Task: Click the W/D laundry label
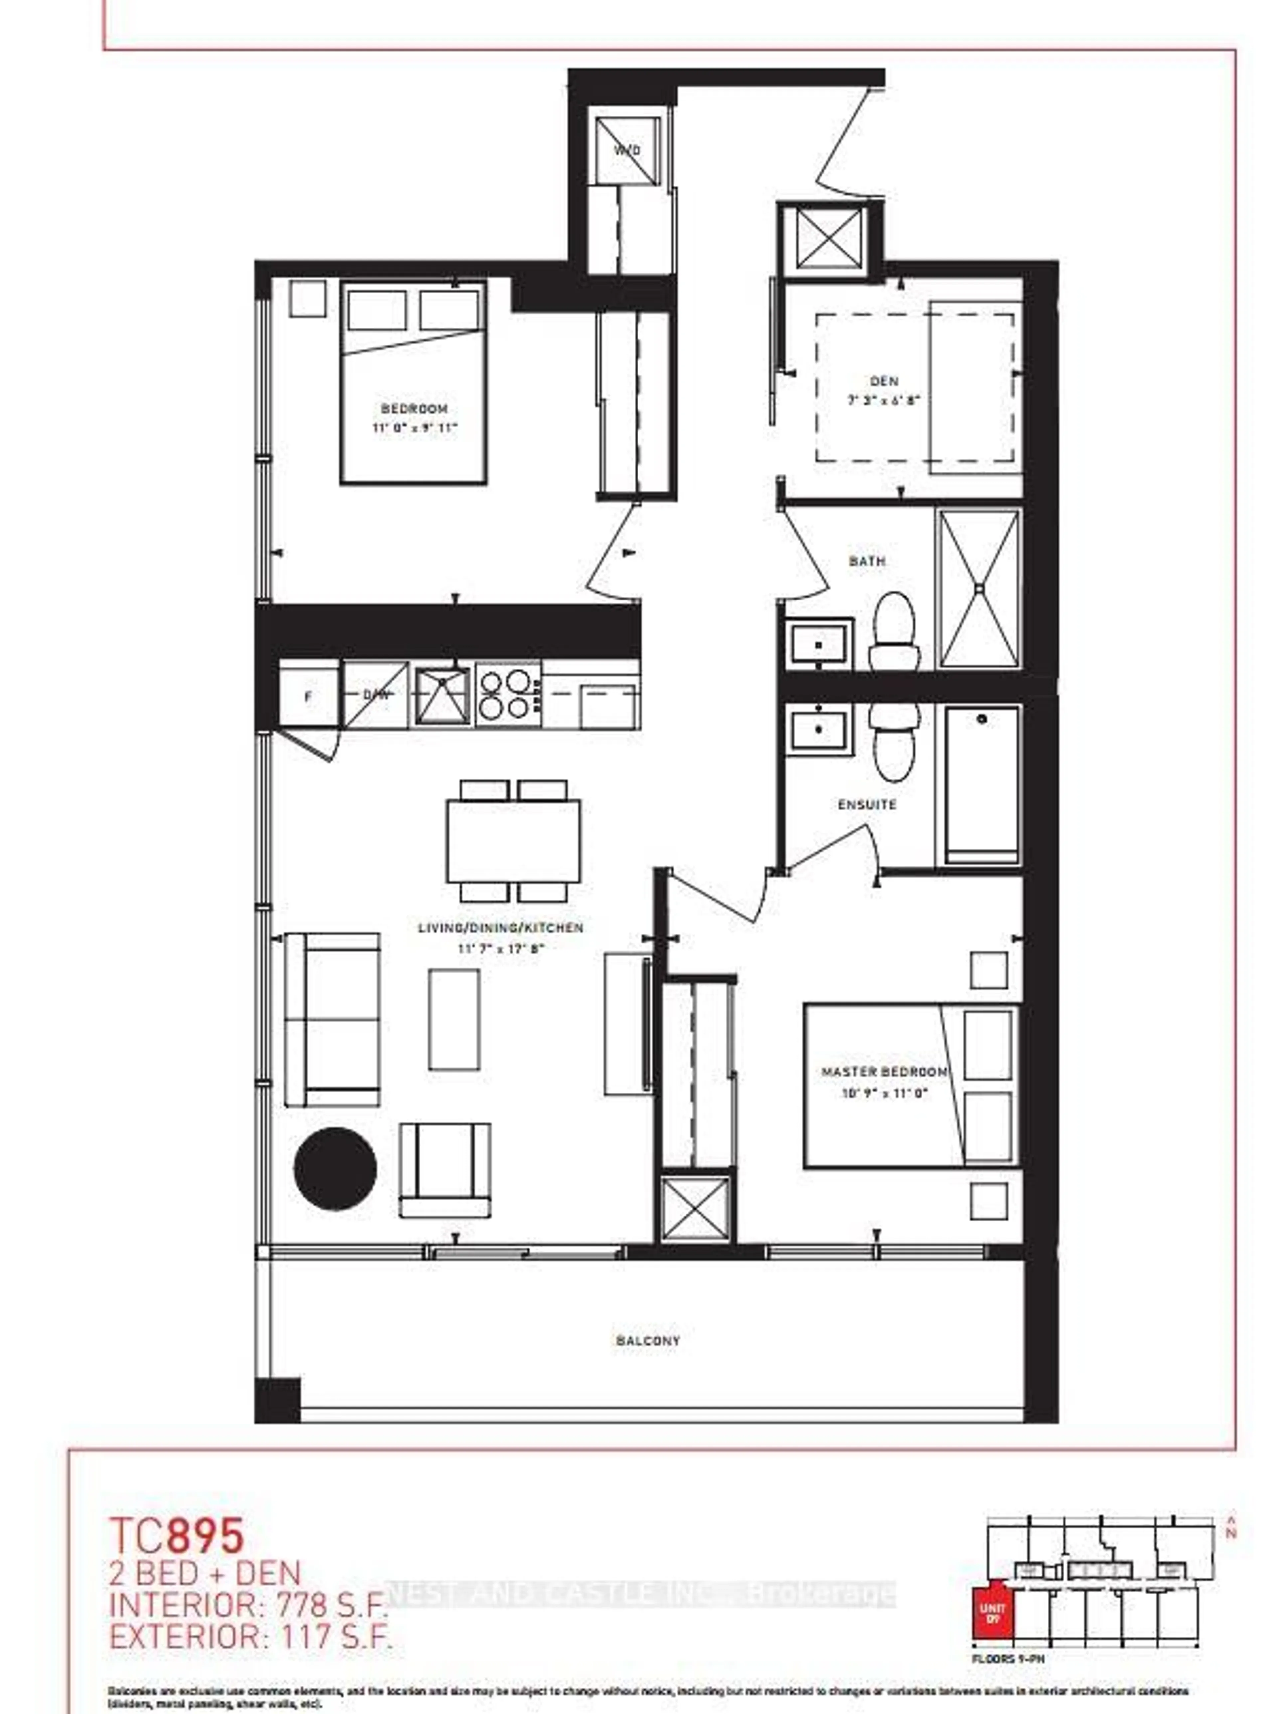tap(627, 150)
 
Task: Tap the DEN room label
tap(884, 381)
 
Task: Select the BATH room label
tap(867, 561)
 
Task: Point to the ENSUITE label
tap(867, 805)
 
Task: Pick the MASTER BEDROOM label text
tap(884, 1072)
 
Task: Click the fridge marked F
tap(308, 696)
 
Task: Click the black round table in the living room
tap(336, 1168)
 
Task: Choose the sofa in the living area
tap(333, 1019)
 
